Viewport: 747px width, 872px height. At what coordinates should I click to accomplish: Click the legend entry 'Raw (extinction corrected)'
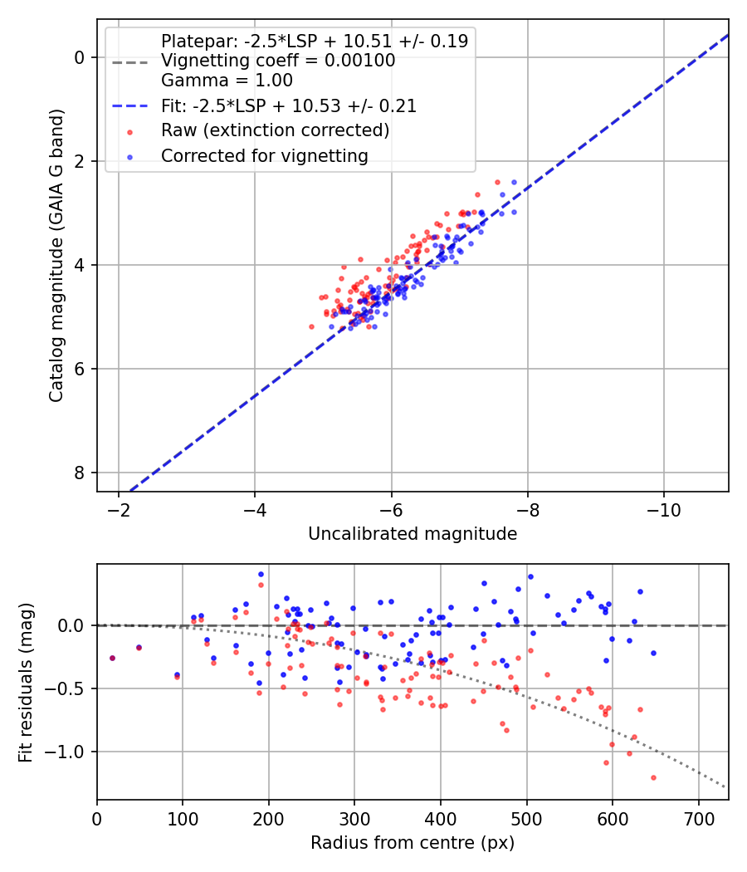(x=275, y=130)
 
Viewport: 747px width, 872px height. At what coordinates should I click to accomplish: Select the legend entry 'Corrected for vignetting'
(x=265, y=155)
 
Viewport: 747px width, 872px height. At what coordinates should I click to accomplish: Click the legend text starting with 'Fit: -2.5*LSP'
(x=288, y=105)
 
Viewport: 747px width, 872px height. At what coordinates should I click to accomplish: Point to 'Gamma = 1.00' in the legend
(x=227, y=81)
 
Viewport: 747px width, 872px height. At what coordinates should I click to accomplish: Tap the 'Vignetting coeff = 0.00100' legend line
(x=278, y=61)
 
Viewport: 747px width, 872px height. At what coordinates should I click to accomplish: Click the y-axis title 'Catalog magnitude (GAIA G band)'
(x=56, y=254)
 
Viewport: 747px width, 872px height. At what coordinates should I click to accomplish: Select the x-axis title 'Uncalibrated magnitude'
(x=413, y=534)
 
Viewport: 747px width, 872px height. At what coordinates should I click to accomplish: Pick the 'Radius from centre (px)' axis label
(x=413, y=843)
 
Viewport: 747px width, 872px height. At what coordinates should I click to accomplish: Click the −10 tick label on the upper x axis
(x=664, y=508)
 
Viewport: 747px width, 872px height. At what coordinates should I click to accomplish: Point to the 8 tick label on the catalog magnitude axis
(x=80, y=473)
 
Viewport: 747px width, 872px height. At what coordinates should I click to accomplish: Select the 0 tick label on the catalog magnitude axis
(x=80, y=57)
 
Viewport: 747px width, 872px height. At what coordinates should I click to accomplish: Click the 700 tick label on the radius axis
(x=698, y=817)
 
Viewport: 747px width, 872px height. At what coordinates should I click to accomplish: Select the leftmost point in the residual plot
(x=112, y=658)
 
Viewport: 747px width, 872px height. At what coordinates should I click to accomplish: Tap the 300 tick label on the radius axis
(x=354, y=817)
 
